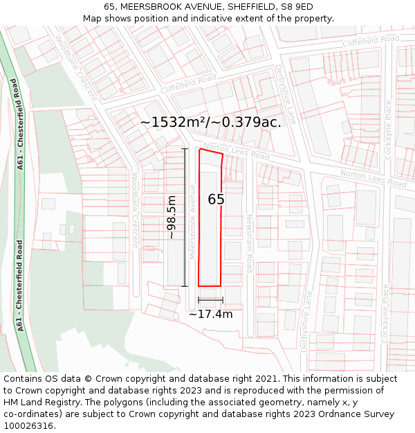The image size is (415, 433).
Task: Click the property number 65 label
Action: click(216, 200)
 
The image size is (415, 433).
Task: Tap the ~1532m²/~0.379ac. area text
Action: click(210, 123)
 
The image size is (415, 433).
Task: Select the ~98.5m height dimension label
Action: click(172, 218)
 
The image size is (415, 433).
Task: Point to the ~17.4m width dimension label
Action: click(210, 314)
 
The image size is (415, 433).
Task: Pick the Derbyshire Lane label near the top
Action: click(286, 94)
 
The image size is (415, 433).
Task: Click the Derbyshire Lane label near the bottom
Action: click(306, 321)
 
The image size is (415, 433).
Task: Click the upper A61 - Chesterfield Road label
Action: click(17, 124)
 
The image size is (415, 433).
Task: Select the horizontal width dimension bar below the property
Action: click(210, 300)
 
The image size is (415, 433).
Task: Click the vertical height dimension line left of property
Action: click(185, 218)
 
